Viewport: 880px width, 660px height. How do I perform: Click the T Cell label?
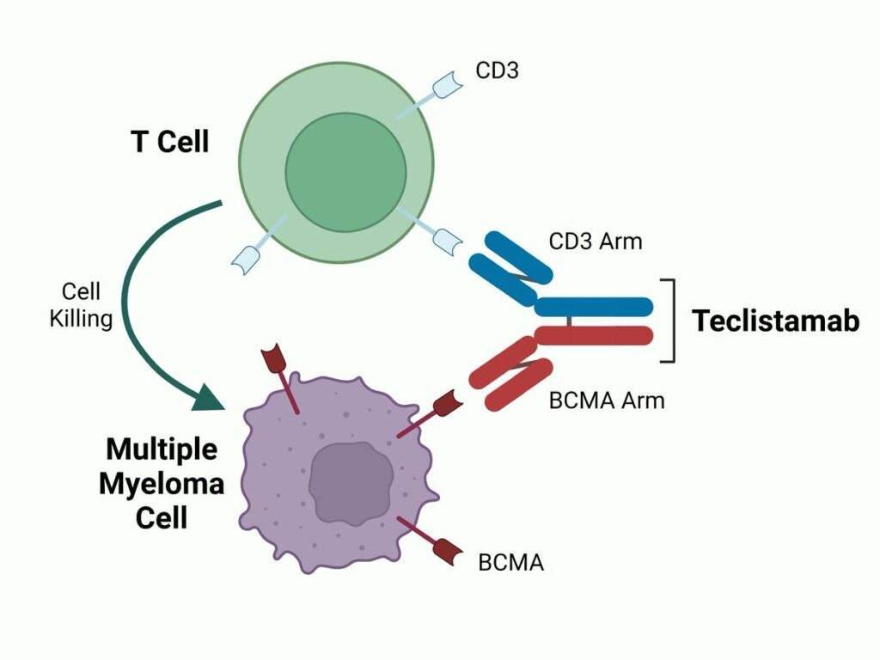pos(170,141)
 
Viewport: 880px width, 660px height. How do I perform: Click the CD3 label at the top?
pos(498,70)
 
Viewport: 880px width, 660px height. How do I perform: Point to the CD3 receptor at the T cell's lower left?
pos(244,259)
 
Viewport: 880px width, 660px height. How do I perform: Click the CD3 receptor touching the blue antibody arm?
pos(446,241)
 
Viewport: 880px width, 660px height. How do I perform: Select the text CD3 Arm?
pos(596,241)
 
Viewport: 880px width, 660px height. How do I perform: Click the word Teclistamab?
pos(775,321)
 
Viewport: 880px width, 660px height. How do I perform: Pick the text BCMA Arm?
pos(607,400)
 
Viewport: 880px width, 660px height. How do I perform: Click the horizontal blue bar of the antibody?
pos(593,307)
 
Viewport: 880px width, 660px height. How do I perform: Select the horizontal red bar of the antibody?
pos(593,335)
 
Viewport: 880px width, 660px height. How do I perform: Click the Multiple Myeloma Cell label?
pos(162,484)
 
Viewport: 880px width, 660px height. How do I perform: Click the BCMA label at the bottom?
pos(510,564)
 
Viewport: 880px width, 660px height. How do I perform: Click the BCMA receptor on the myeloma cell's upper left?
pos(276,362)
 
